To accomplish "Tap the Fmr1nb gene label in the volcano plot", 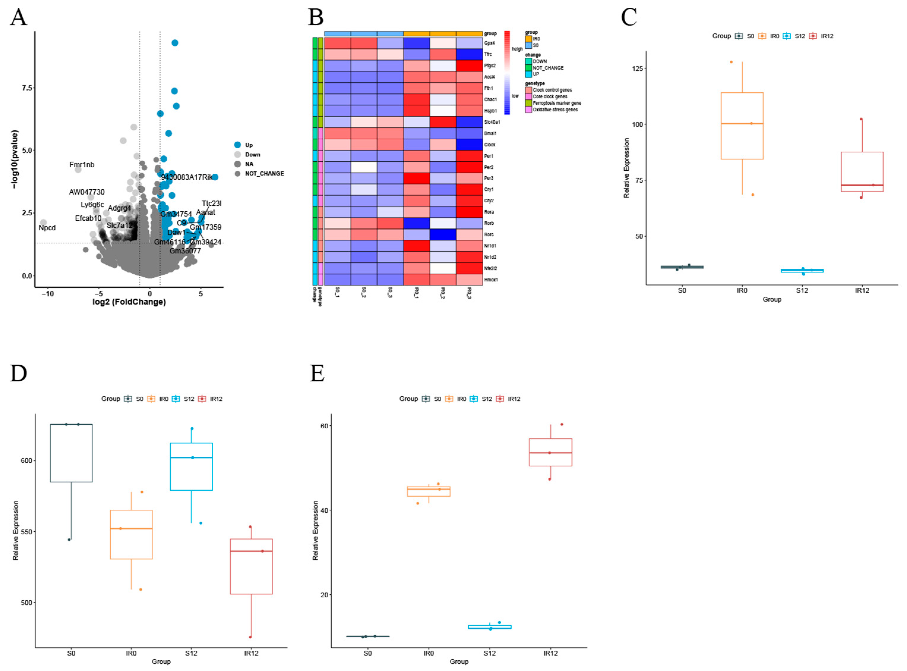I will [x=82, y=165].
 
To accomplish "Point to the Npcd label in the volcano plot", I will [x=47, y=228].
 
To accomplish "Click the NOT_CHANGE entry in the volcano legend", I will [x=264, y=173].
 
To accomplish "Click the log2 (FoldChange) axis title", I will [x=129, y=302].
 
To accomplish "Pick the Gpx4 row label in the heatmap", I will [x=489, y=43].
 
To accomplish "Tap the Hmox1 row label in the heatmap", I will [x=491, y=280].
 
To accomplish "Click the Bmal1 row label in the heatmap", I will [x=490, y=133].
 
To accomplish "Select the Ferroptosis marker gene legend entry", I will [x=557, y=103].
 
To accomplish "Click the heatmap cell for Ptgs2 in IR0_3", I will [x=469, y=66].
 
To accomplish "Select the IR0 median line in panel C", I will [x=742, y=124].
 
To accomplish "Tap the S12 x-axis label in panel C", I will [x=802, y=290].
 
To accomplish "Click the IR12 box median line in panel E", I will [x=550, y=452].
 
